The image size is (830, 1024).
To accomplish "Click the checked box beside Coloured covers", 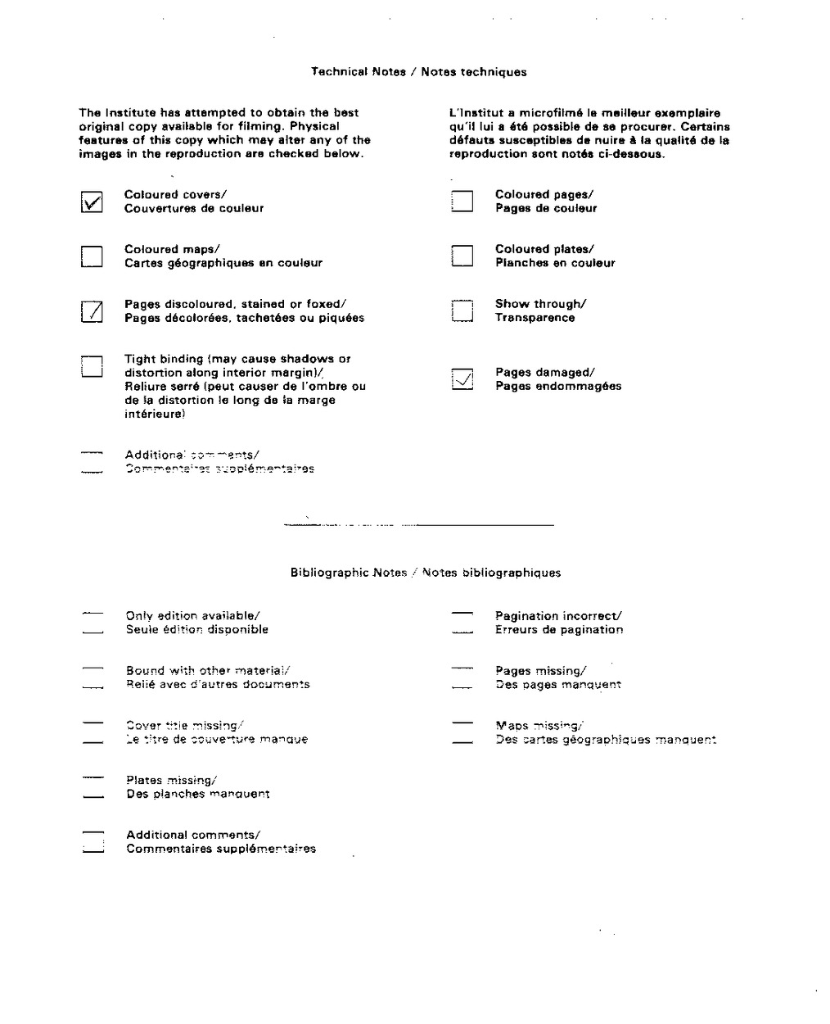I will coord(92,202).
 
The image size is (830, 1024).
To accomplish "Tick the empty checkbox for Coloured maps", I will coord(92,256).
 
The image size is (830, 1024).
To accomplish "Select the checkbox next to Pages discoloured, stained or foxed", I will coord(92,311).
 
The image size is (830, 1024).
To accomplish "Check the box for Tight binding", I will coord(92,366).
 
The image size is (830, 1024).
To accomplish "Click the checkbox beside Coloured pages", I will coord(462,202).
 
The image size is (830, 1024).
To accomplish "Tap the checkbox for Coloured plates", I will coord(462,256).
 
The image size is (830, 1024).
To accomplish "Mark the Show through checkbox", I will coord(462,311).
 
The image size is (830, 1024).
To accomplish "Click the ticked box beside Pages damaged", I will coord(462,379).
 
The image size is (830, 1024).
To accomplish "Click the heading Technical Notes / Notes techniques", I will coord(418,72).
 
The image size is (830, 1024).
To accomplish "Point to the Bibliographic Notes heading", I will coord(426,573).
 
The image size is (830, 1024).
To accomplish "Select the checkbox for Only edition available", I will coord(92,623).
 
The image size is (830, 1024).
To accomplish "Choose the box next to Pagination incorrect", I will coord(462,623).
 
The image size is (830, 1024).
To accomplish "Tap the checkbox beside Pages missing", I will coord(462,677).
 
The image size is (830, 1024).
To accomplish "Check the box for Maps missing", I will coord(462,732).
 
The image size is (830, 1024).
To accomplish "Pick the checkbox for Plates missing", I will coord(92,787).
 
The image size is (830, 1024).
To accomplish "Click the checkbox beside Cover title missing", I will coord(92,732).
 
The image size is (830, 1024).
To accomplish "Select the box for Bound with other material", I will coord(92,677).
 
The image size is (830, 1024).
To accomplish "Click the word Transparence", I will coord(535,318).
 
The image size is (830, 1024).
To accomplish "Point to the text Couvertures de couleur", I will coord(194,209).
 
